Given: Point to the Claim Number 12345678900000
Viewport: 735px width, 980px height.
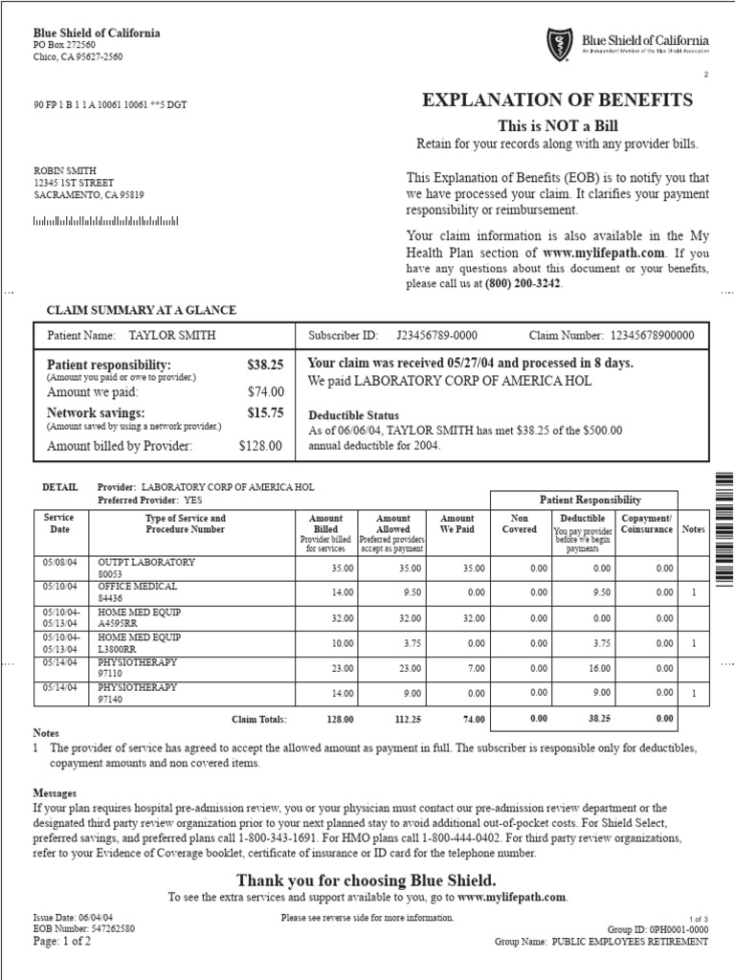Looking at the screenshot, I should point(652,336).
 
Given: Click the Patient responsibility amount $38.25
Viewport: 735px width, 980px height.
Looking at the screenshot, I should point(265,366).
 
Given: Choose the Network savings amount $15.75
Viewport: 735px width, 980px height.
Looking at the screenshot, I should point(265,412).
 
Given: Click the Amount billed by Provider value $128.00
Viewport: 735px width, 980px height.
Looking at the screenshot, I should point(260,446).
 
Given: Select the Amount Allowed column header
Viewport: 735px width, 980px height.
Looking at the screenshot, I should point(393,523).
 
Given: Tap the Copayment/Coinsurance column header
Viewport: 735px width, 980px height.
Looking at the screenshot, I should point(646,523).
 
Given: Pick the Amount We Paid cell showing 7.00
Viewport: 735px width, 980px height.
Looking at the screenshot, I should point(473,668).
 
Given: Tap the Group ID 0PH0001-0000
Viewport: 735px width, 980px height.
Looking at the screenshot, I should point(676,929).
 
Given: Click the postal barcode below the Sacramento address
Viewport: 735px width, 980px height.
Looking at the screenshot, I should point(105,221).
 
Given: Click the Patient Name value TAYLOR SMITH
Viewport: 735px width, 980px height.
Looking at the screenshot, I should point(172,336).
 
